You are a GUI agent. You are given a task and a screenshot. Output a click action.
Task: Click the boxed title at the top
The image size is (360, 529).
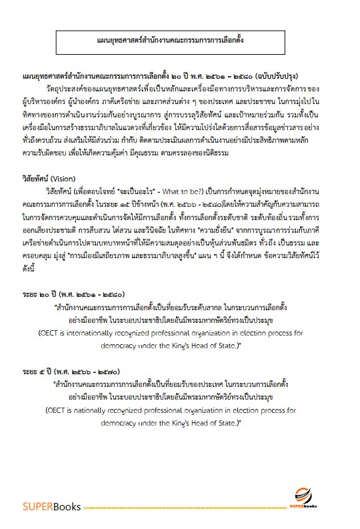179,39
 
